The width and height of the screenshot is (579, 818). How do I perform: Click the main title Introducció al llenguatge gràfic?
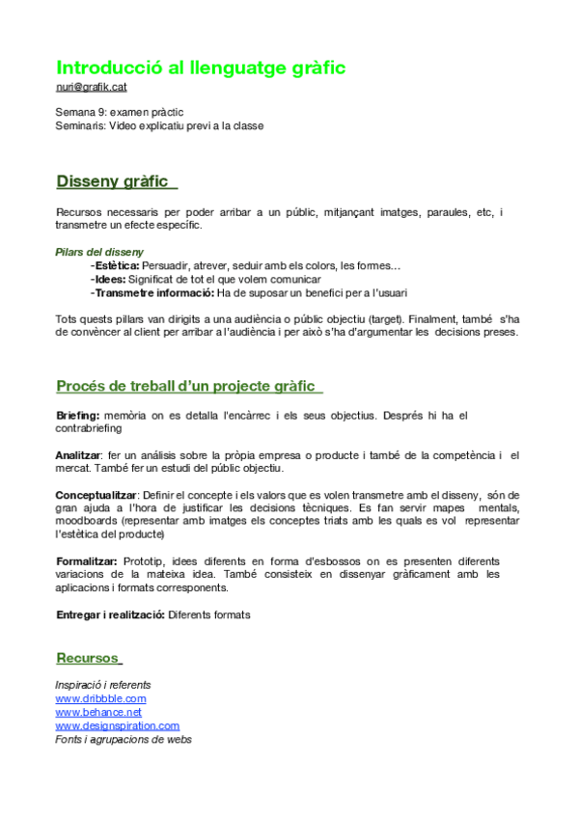click(x=201, y=68)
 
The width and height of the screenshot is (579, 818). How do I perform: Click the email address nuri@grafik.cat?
click(x=92, y=88)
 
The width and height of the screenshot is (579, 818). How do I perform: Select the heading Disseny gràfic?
click(x=112, y=181)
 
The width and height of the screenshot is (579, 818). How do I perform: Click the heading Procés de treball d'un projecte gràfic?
click(x=185, y=386)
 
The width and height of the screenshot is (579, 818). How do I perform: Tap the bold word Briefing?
click(x=78, y=416)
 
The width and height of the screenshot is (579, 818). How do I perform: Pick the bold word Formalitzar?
click(x=87, y=561)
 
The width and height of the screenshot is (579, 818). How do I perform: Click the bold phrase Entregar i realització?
click(x=110, y=614)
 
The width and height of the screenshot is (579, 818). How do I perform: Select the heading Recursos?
click(x=87, y=658)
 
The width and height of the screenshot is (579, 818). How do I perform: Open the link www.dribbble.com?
click(x=101, y=698)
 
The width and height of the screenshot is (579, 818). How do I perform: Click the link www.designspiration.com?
click(x=118, y=725)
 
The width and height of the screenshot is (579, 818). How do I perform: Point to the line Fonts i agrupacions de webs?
click(x=124, y=740)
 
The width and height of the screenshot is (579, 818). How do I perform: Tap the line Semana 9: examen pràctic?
click(x=120, y=112)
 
